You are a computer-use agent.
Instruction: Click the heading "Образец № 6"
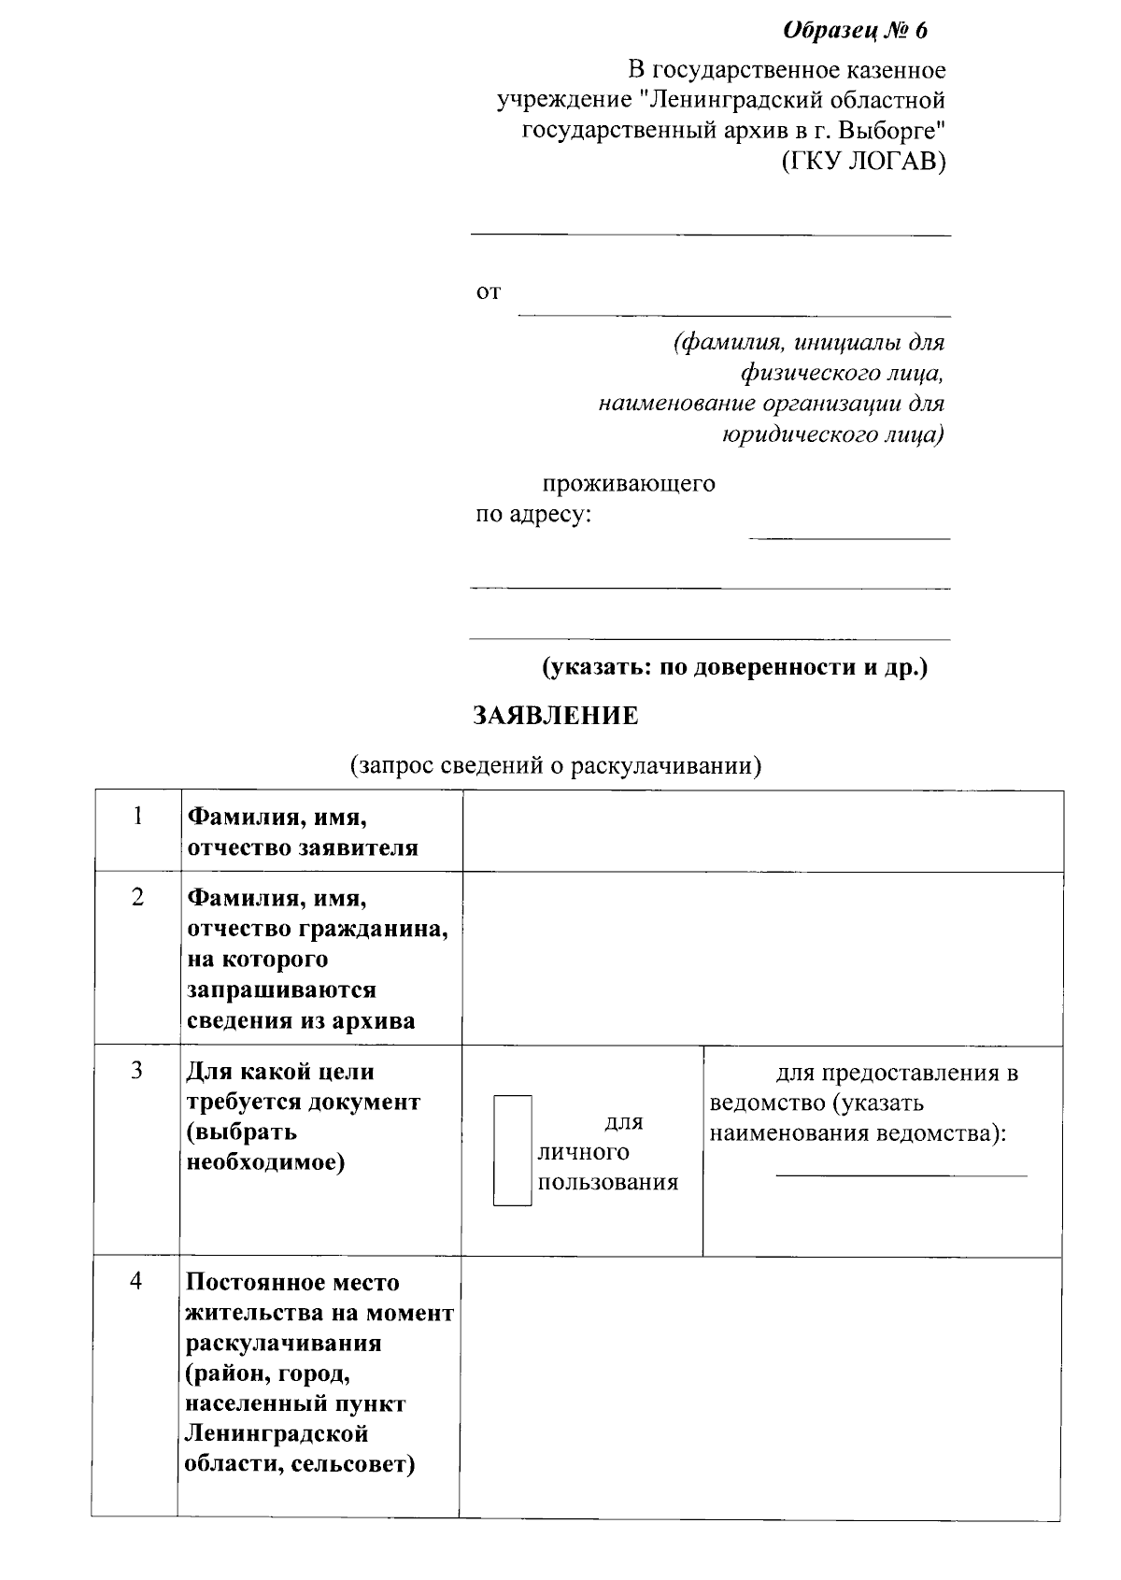(855, 31)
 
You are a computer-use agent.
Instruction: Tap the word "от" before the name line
(489, 293)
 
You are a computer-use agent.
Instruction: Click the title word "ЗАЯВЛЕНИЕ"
(556, 717)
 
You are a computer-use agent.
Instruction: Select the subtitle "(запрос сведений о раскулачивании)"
(556, 766)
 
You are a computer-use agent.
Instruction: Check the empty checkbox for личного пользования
(512, 1150)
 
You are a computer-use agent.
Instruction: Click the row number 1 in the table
(137, 817)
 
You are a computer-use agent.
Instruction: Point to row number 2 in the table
(137, 898)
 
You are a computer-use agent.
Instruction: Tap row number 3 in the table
(136, 1071)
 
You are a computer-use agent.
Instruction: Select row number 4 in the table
(136, 1281)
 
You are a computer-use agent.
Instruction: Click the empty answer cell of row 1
(762, 832)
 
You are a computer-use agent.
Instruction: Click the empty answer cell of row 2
(762, 958)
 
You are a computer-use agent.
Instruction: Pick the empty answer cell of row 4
(760, 1387)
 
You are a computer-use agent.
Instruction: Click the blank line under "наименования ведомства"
(901, 1174)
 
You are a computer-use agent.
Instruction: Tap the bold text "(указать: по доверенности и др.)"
(735, 668)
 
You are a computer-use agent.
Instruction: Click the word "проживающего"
(629, 484)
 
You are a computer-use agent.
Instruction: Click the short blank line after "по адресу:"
(848, 537)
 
